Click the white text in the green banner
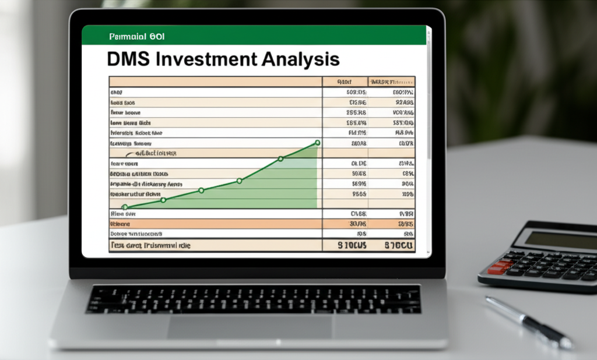pos(137,36)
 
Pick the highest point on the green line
pos(317,142)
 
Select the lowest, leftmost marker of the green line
pos(124,206)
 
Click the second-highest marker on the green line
pos(280,158)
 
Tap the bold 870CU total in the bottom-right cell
pos(399,246)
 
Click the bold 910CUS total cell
pos(352,246)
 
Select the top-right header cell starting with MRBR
pos(391,82)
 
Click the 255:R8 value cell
pos(356,112)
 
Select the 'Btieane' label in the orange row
pos(121,224)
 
